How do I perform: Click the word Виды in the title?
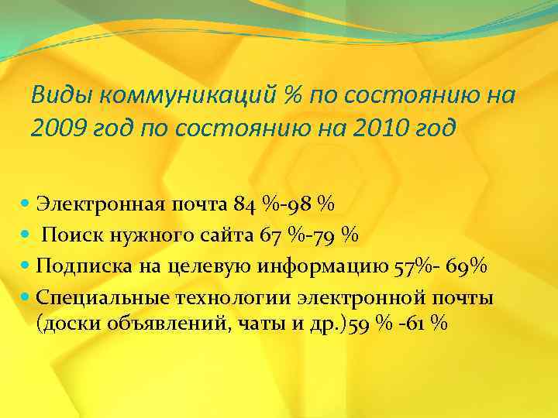[59, 95]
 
